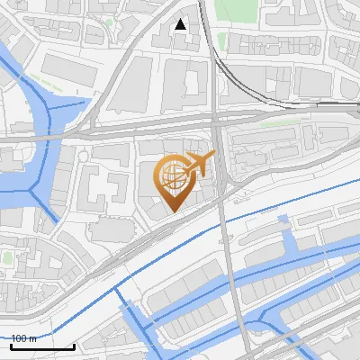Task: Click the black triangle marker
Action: click(x=181, y=24)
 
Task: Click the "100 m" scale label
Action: click(x=24, y=337)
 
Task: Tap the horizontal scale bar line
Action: click(x=42, y=346)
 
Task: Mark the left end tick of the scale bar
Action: click(x=11, y=344)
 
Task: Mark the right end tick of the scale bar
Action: click(x=74, y=344)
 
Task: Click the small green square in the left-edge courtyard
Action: click(x=8, y=257)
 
